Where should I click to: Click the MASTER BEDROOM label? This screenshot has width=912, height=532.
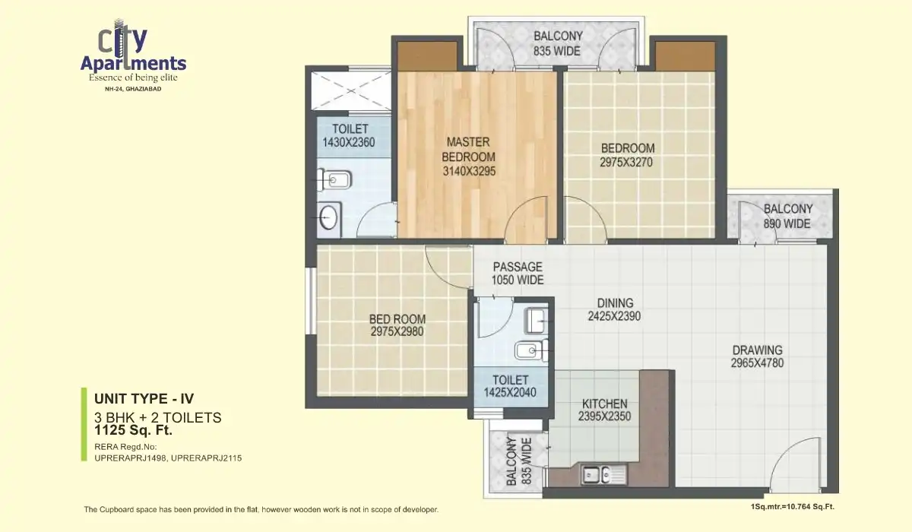(469, 156)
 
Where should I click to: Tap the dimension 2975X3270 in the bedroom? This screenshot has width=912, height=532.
(627, 162)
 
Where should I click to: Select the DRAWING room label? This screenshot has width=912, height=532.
(757, 356)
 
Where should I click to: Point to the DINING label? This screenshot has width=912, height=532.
(614, 302)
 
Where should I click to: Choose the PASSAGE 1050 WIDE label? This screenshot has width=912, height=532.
(518, 273)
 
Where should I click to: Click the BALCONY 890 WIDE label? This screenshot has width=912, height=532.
(787, 216)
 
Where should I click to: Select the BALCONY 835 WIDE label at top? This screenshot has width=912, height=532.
(557, 43)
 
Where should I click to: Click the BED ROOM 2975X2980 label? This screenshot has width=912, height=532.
(397, 325)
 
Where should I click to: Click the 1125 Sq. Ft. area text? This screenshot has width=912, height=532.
(133, 430)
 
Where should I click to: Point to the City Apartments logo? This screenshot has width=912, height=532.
(133, 57)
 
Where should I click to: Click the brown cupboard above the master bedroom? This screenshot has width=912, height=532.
(428, 55)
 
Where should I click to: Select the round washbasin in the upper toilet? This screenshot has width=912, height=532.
(328, 217)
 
